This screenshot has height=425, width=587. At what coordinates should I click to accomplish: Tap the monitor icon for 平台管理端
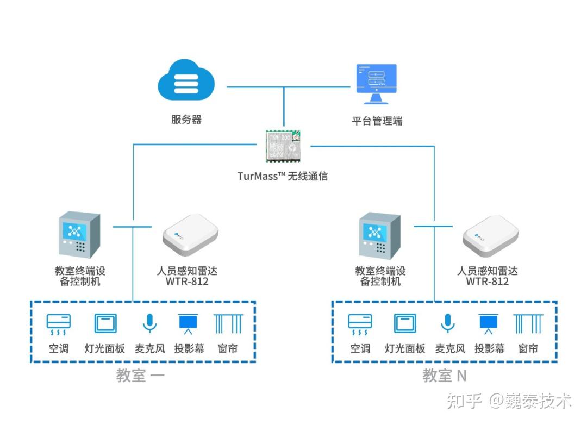point(376,84)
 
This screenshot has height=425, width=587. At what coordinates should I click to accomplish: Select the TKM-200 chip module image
point(283,145)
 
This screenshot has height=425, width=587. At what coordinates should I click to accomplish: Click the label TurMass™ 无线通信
point(283,176)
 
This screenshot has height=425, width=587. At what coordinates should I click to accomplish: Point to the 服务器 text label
point(186,120)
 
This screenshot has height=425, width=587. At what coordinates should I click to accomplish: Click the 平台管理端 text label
point(377,121)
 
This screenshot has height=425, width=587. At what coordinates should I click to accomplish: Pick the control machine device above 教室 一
point(79,235)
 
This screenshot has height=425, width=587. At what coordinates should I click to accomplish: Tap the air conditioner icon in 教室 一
point(58,324)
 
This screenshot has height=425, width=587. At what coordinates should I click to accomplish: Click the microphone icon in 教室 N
point(447,323)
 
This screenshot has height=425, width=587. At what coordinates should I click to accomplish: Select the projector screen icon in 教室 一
point(189,324)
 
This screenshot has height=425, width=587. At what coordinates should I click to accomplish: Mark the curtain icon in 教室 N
point(528,323)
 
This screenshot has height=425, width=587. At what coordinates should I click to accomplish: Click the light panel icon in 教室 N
point(405,323)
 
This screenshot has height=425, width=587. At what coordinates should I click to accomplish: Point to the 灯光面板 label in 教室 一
point(105,348)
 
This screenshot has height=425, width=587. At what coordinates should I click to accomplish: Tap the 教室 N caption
point(445,376)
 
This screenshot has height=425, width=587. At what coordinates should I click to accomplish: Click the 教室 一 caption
point(140,376)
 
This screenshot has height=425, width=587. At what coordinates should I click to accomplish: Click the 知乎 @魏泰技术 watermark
point(509,402)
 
